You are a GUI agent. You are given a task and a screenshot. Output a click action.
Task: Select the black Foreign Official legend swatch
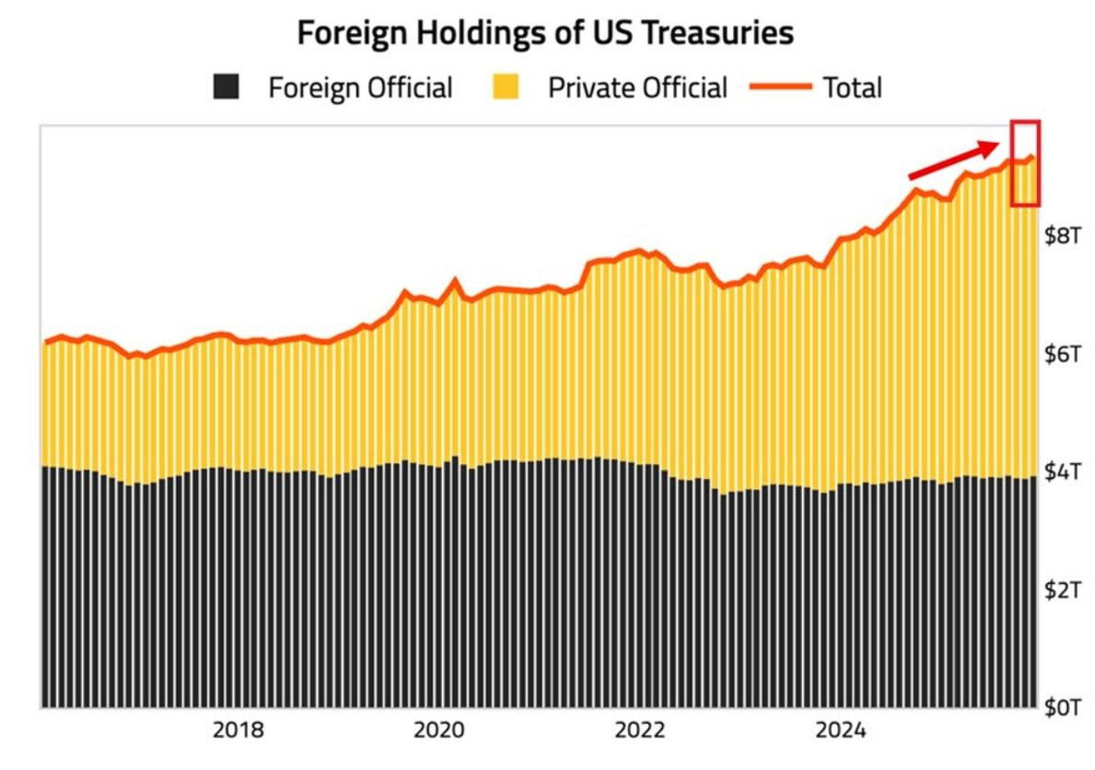[x=226, y=87]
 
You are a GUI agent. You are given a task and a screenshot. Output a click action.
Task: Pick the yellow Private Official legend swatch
[x=506, y=87]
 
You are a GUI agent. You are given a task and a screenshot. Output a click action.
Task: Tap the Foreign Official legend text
[x=360, y=87]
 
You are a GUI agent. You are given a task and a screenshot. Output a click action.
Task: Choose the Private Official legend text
[x=637, y=87]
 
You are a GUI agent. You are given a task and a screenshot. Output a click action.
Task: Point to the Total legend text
[x=852, y=87]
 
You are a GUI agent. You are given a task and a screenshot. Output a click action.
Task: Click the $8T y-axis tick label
[x=1062, y=235]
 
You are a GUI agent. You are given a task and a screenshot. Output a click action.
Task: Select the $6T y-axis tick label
[x=1062, y=353]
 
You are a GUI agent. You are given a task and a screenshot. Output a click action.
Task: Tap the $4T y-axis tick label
[x=1062, y=471]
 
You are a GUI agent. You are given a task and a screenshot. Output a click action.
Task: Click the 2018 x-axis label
[x=239, y=731]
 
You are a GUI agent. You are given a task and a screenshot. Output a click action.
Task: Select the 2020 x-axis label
[x=439, y=731]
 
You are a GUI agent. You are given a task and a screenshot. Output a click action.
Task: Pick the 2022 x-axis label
[x=640, y=731]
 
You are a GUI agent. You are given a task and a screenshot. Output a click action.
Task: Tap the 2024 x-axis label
[x=840, y=731]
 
